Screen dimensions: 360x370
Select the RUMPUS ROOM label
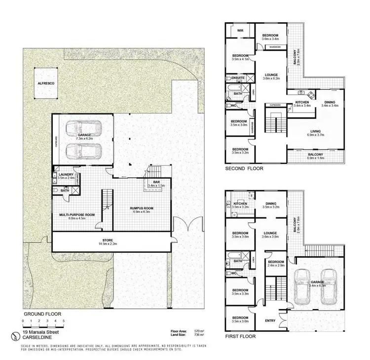142,208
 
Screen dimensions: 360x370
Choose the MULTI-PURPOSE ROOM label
77,215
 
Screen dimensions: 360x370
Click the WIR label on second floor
241,30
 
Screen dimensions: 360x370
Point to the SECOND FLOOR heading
244,168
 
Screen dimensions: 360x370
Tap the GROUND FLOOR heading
41,314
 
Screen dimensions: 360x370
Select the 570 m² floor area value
198,331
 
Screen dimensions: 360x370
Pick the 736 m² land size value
198,336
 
